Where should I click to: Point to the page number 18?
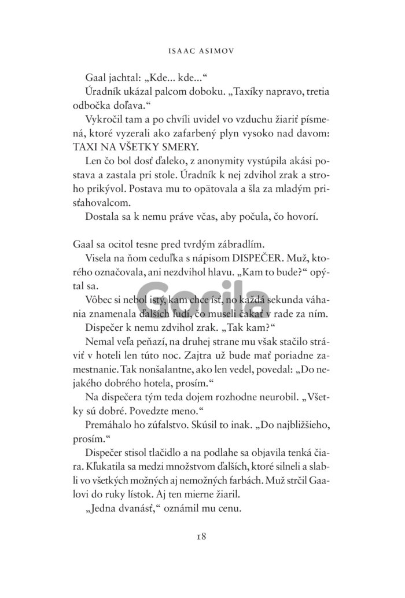pos(201,536)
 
